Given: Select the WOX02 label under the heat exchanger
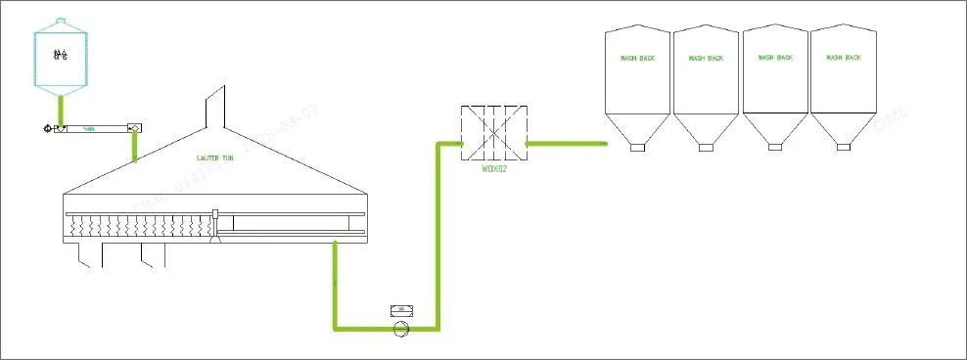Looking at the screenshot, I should click(x=495, y=168).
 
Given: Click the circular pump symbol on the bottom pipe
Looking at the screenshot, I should click(x=400, y=329).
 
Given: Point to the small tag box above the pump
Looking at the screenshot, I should click(x=400, y=310).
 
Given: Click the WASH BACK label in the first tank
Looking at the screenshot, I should click(x=637, y=59).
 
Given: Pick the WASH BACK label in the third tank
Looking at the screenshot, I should click(x=775, y=58).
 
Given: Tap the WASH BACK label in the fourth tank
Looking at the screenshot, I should click(x=844, y=58).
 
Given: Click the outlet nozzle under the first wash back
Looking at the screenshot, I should click(x=637, y=147).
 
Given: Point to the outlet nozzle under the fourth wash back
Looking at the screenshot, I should click(x=844, y=147).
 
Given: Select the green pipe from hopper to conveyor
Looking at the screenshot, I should click(x=61, y=109).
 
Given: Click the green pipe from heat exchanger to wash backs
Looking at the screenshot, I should click(x=567, y=144).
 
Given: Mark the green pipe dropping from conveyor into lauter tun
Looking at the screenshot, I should click(x=134, y=144).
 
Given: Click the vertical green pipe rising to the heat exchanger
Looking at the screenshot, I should click(x=437, y=235).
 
